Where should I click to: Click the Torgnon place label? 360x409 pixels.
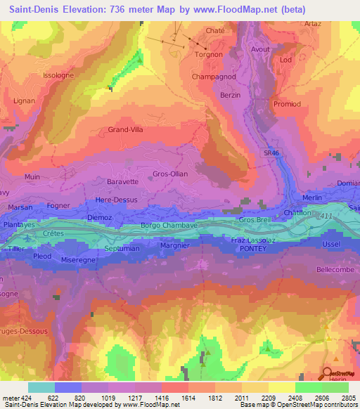coord(209,53)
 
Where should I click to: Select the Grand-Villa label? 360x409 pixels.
coord(126,129)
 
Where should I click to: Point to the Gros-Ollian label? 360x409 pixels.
coord(170,174)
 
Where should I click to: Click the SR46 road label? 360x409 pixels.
coord(272,152)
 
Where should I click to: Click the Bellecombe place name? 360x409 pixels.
coord(335,269)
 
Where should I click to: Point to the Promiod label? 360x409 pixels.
coord(287,104)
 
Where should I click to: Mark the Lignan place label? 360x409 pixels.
coord(24,101)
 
